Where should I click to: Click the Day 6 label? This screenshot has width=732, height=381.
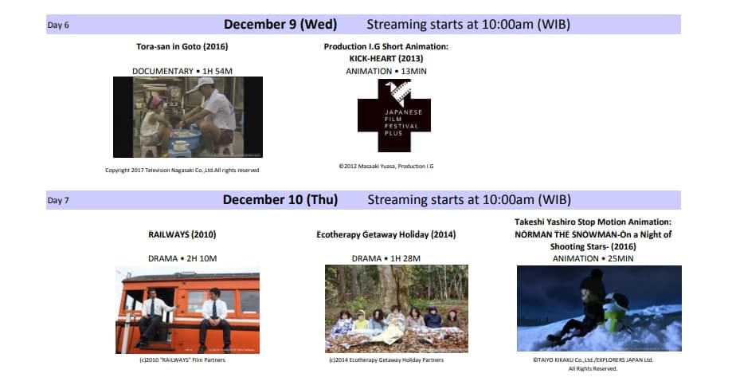click(58, 26)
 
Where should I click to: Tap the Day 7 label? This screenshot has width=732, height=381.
click(58, 200)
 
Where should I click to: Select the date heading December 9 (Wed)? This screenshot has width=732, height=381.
click(280, 24)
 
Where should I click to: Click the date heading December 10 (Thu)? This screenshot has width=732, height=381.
click(280, 200)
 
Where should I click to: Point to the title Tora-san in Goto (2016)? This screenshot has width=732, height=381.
click(182, 47)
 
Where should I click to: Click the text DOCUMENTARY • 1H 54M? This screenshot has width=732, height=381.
click(182, 71)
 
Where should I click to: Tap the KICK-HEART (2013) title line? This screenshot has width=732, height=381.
click(386, 58)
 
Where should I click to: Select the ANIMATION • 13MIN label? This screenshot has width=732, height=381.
click(386, 71)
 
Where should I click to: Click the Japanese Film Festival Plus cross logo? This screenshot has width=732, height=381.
click(394, 116)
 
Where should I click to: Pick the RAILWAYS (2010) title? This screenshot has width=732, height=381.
click(182, 234)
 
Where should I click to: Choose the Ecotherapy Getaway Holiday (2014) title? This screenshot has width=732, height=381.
click(386, 234)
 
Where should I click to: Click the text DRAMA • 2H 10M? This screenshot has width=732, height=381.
click(182, 259)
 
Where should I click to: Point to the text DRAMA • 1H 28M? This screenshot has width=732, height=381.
click(386, 259)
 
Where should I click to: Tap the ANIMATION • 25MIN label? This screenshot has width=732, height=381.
click(593, 259)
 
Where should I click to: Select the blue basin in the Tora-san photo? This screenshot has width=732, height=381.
click(185, 137)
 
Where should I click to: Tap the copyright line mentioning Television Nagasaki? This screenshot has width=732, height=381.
click(182, 171)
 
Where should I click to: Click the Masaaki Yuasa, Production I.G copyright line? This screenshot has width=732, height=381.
click(386, 167)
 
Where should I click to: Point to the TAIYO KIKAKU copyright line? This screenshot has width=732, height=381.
click(593, 360)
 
